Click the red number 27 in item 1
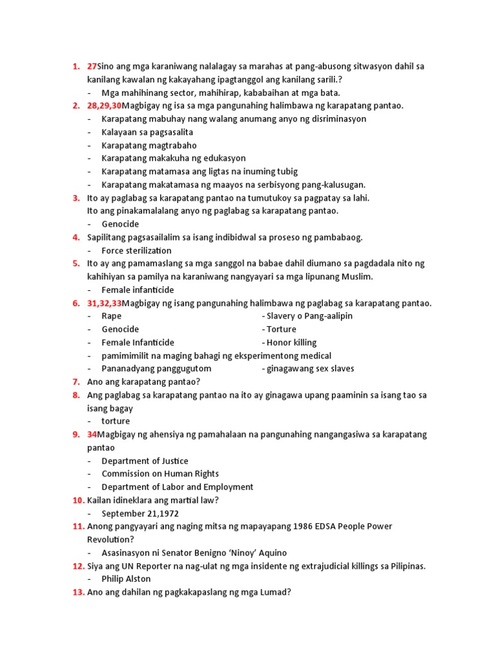pyautogui.click(x=93, y=66)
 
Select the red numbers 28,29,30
pyautogui.click(x=104, y=106)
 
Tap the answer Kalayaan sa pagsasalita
pyautogui.click(x=138, y=132)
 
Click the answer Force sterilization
pyautogui.click(x=136, y=250)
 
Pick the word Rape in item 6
pyautogui.click(x=111, y=316)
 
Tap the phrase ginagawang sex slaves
pyautogui.click(x=311, y=369)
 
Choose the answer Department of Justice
pyautogui.click(x=145, y=461)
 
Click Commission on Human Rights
pyautogui.click(x=160, y=474)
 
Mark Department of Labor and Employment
pyautogui.click(x=177, y=487)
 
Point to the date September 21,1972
pyautogui.click(x=140, y=514)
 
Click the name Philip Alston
pyautogui.click(x=126, y=579)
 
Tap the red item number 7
pyautogui.click(x=76, y=382)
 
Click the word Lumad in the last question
pyautogui.click(x=275, y=592)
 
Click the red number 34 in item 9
pyautogui.click(x=93, y=434)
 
